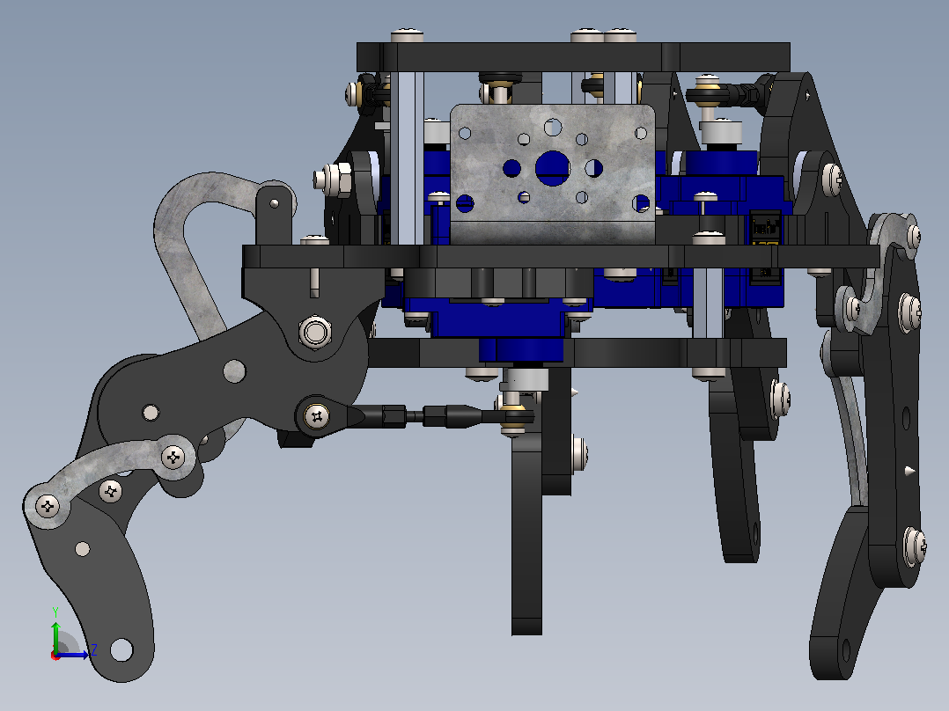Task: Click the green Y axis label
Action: pos(55,612)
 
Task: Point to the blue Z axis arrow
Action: pos(72,655)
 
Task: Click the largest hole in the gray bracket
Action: pos(552,168)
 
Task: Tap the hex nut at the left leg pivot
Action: pos(315,333)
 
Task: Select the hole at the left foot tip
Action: pos(121,650)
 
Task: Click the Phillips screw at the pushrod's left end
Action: pos(317,416)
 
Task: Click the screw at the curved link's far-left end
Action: pos(48,506)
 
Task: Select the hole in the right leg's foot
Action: pos(846,650)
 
